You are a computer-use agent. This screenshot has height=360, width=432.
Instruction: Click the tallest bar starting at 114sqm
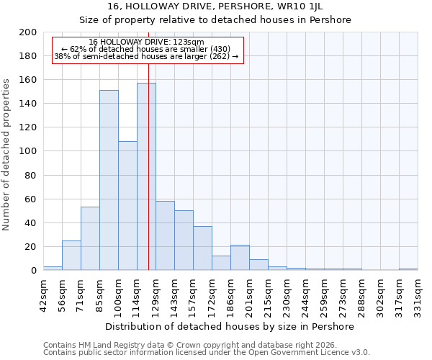(x=146, y=176)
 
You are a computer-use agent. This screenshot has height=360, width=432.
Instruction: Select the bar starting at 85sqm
(x=109, y=180)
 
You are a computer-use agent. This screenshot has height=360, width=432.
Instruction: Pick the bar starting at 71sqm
(x=90, y=238)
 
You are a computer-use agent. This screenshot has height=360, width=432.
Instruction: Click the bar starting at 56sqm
(x=71, y=256)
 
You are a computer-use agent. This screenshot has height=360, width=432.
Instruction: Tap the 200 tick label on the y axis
(x=28, y=32)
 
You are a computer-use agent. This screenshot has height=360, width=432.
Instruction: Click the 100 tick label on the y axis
(x=28, y=151)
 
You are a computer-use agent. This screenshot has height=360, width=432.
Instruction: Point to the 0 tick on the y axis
(x=33, y=271)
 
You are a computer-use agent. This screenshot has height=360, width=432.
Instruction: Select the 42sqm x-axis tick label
(x=43, y=294)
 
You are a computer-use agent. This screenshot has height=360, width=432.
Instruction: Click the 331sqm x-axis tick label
(x=418, y=294)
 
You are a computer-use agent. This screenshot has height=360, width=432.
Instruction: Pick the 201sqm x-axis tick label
(x=249, y=294)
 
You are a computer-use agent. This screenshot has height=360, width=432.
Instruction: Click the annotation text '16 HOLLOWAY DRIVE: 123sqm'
(x=147, y=42)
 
